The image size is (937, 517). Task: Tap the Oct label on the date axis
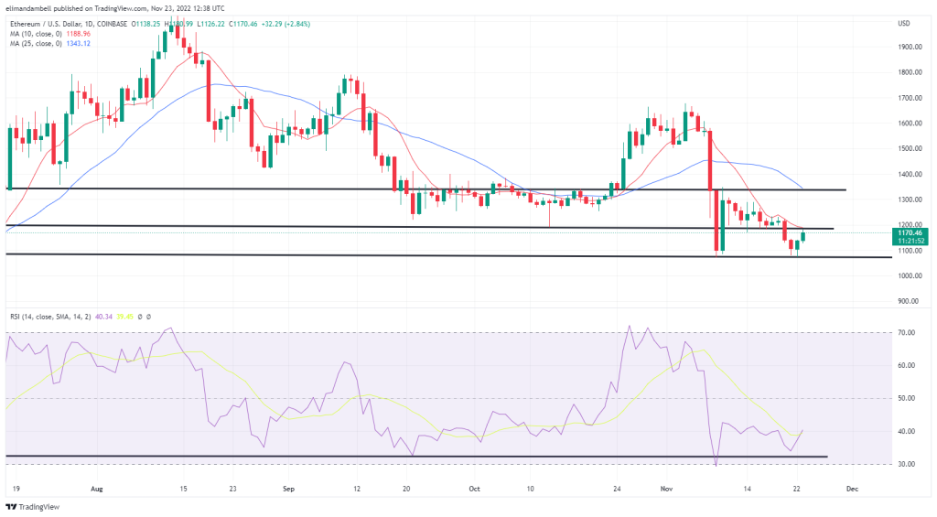pyautogui.click(x=474, y=490)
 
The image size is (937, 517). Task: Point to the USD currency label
pyautogui.click(x=904, y=23)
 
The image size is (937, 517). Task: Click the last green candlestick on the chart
pyautogui.click(x=803, y=237)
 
